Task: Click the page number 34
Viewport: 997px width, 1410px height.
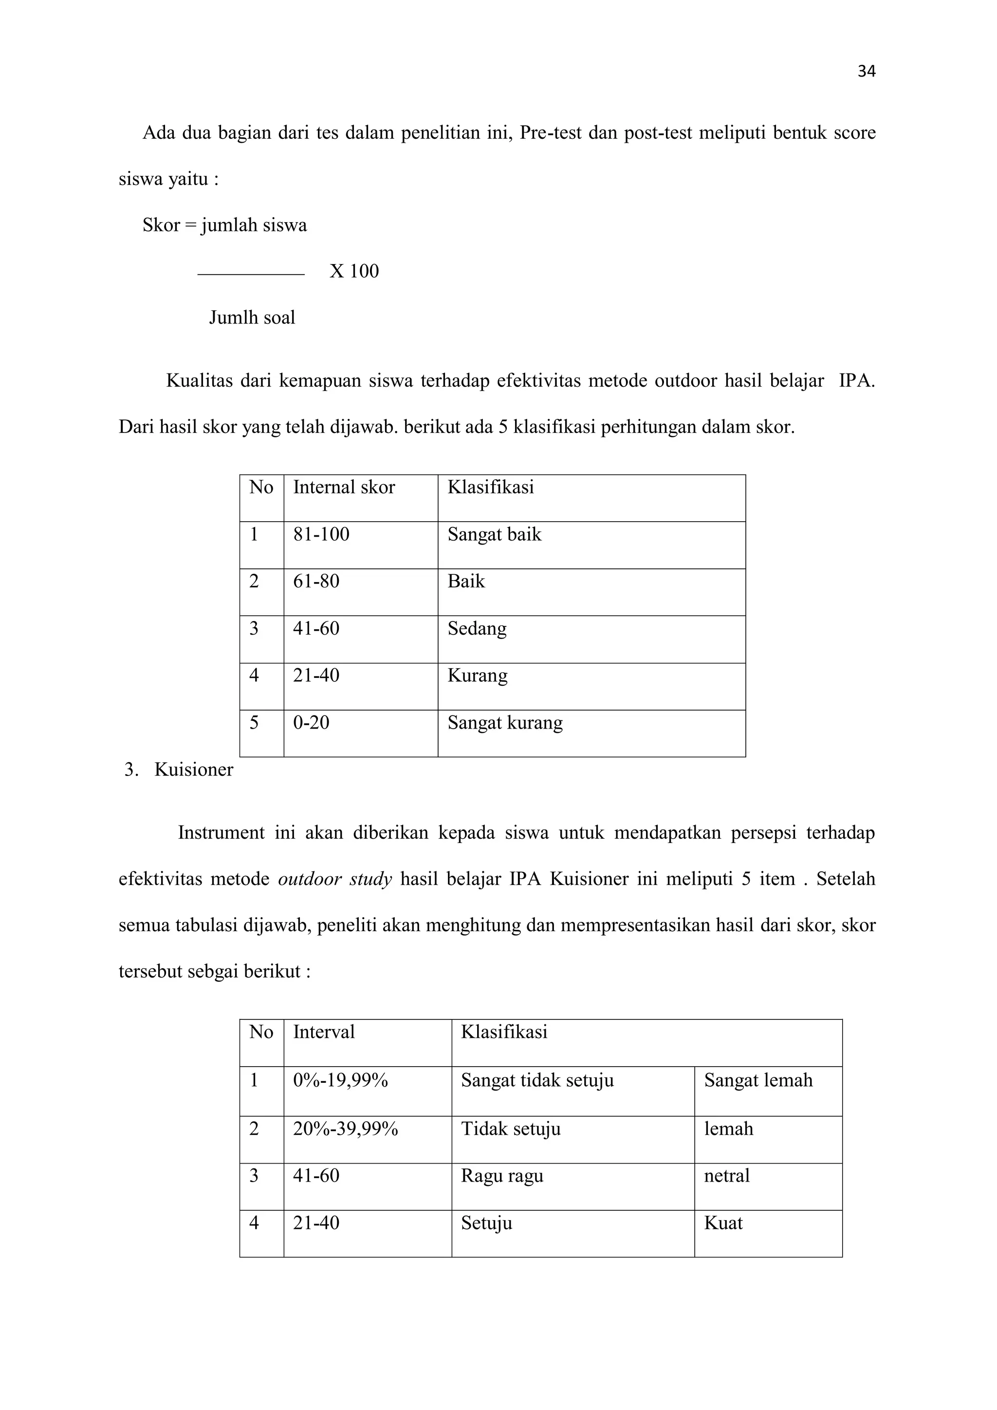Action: point(866,72)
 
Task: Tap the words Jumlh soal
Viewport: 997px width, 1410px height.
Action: point(252,318)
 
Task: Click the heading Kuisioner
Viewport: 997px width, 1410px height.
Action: point(193,770)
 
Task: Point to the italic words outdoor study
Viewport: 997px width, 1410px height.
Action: point(334,880)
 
